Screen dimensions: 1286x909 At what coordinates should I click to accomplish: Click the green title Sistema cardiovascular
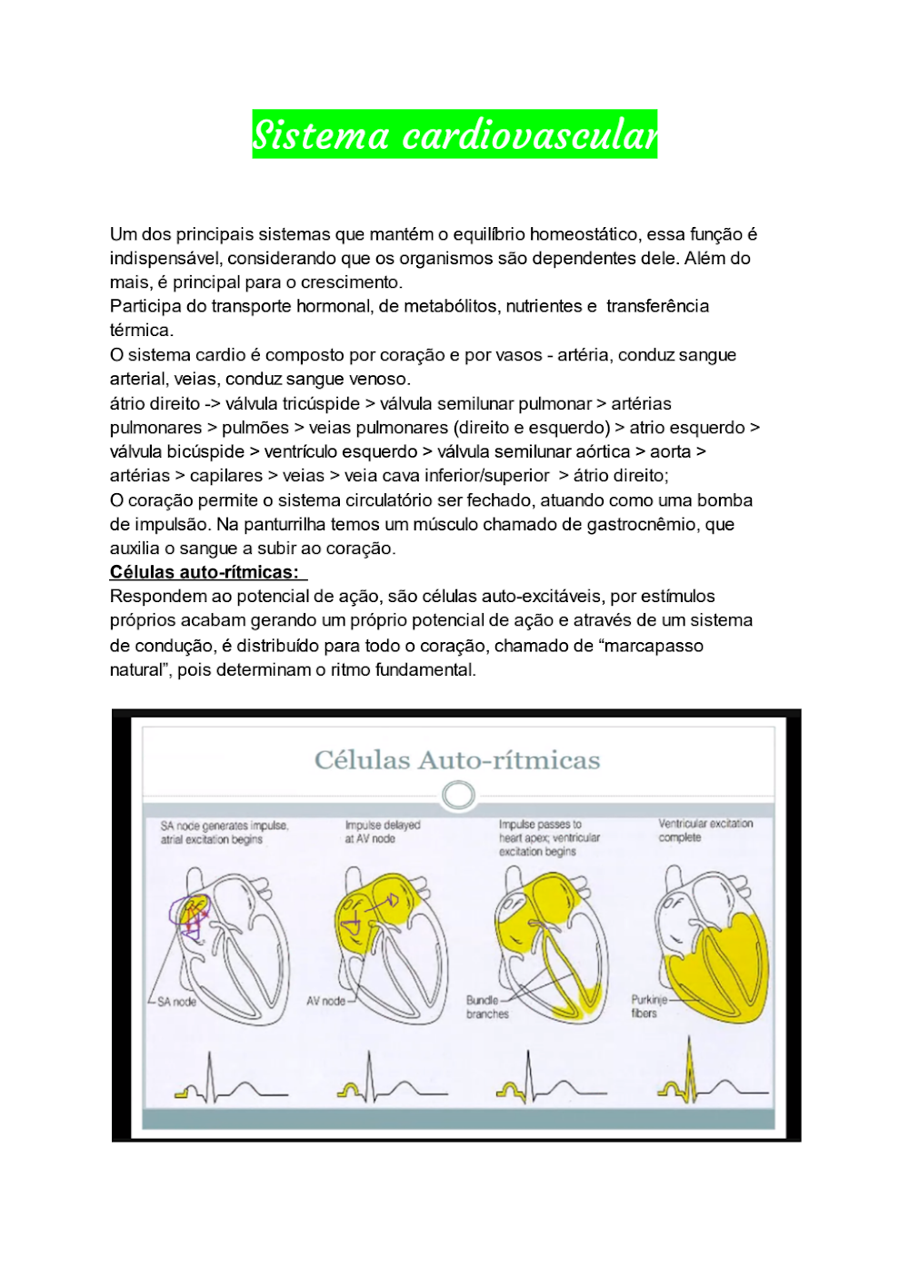pyautogui.click(x=454, y=134)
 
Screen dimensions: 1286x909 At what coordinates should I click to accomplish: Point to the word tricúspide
pyautogui.click(x=321, y=403)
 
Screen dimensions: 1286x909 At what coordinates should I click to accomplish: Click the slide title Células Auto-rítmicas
pyautogui.click(x=457, y=760)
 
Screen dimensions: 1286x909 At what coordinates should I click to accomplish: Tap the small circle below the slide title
pyautogui.click(x=458, y=796)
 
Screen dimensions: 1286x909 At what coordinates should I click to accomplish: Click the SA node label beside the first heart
pyautogui.click(x=176, y=1002)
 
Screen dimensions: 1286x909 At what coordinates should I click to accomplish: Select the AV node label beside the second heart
pyautogui.click(x=326, y=1001)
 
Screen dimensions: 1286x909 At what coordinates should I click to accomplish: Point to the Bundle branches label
pyautogui.click(x=487, y=1007)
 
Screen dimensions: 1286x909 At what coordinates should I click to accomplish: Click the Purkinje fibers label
pyautogui.click(x=648, y=1006)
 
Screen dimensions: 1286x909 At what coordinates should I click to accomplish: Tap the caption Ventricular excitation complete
pyautogui.click(x=705, y=830)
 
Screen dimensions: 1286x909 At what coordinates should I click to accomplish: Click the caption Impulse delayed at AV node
pyautogui.click(x=382, y=832)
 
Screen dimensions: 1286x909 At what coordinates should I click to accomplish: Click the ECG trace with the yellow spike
pyautogui.click(x=709, y=1081)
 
